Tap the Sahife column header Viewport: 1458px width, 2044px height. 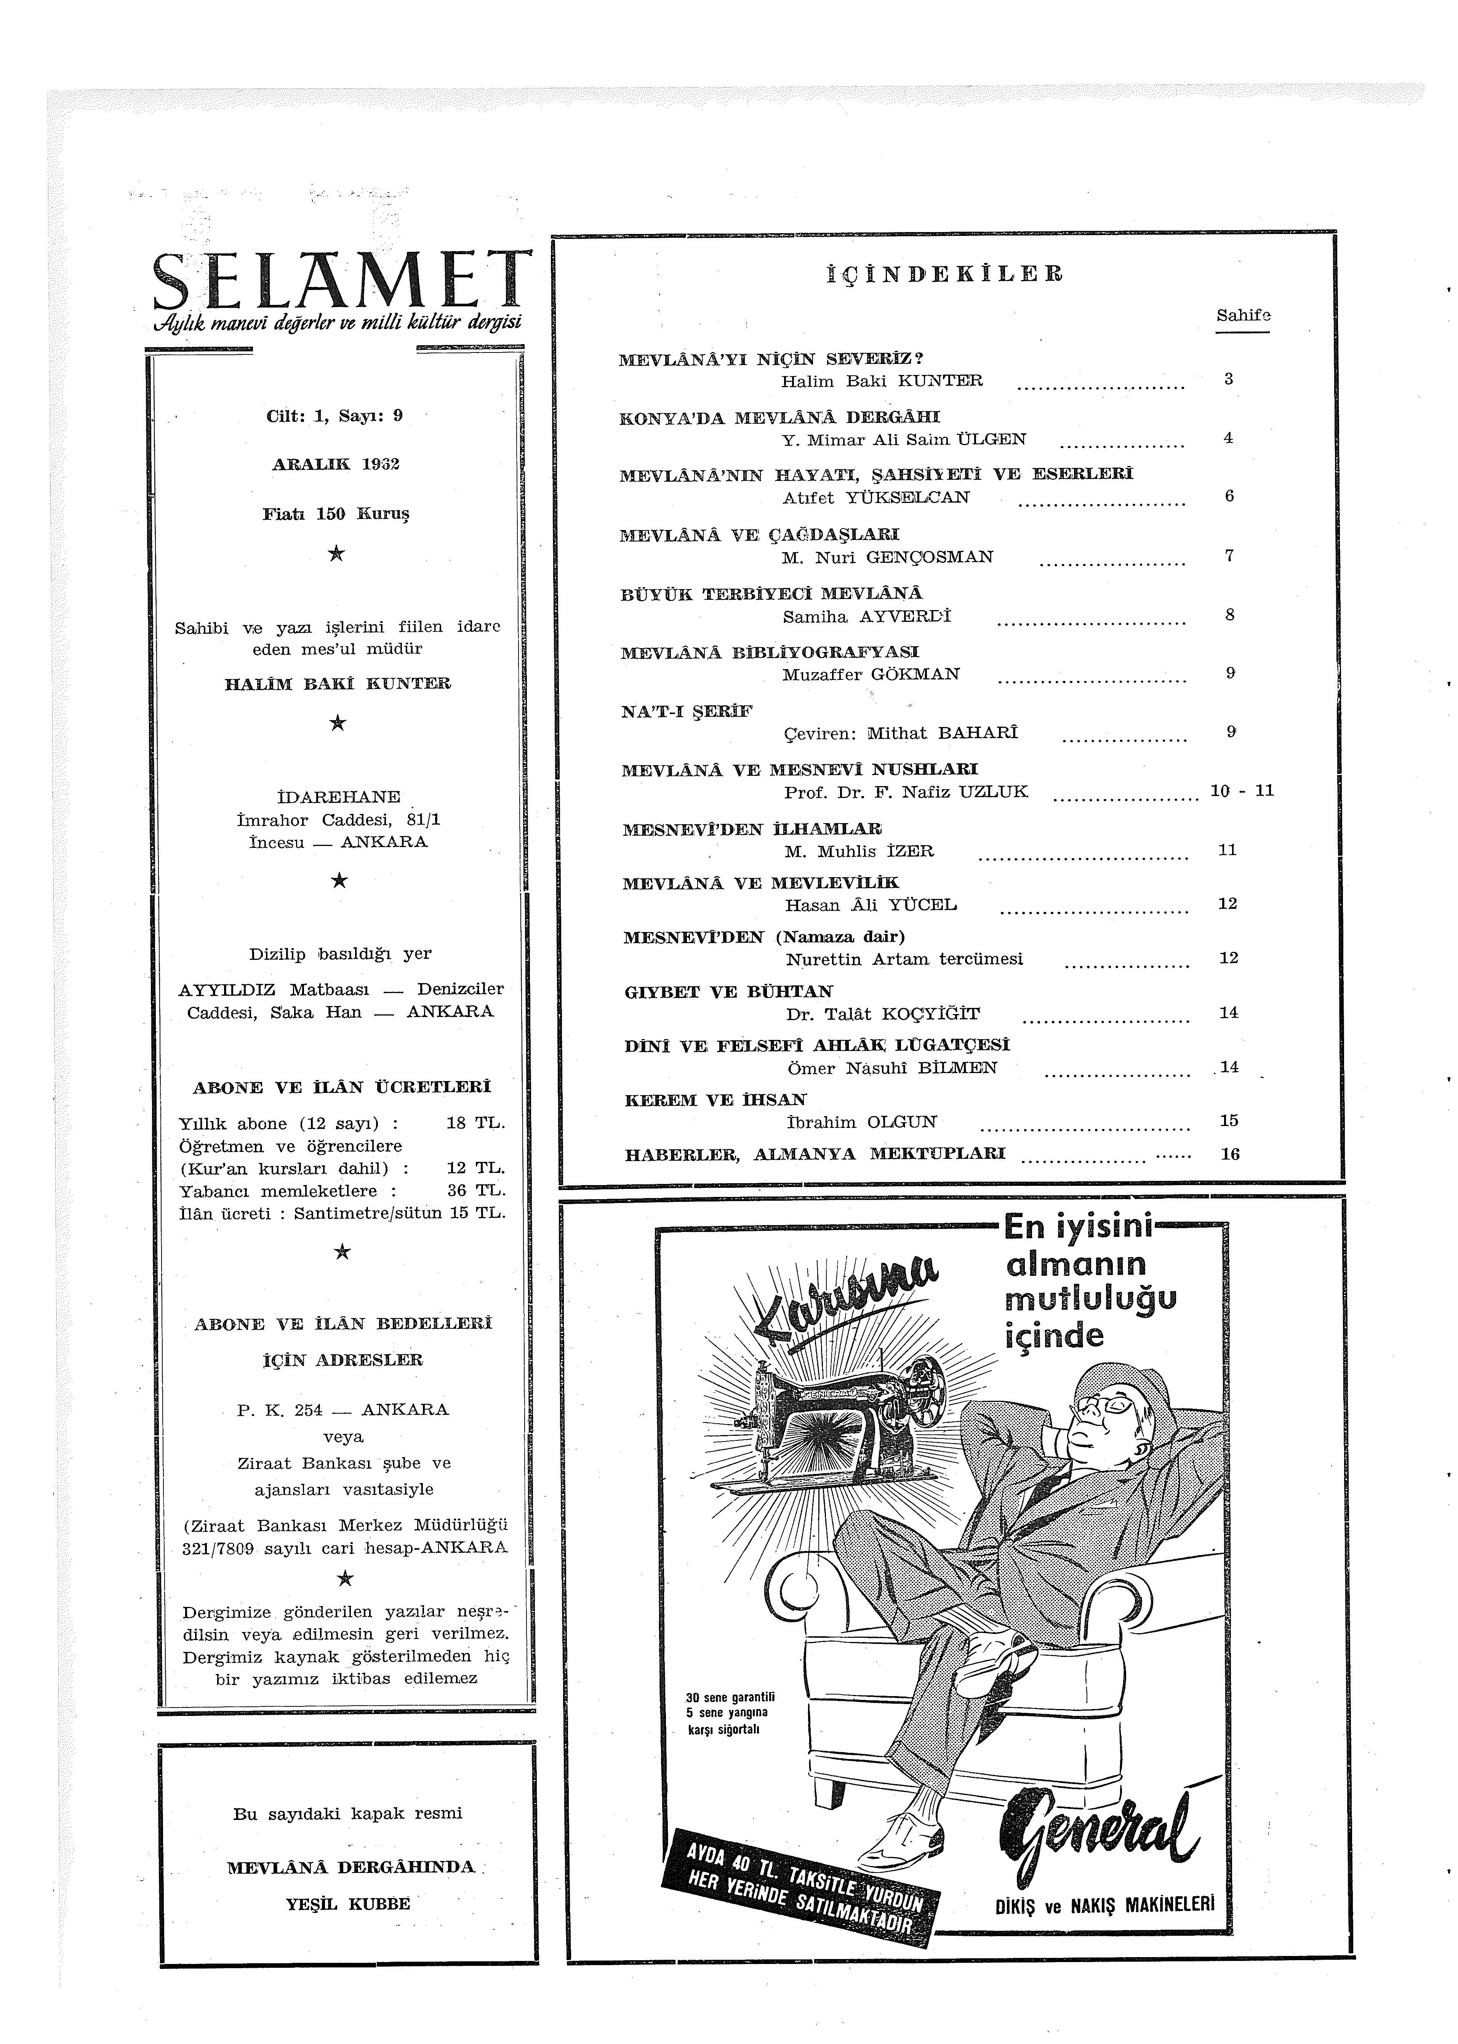pos(1242,316)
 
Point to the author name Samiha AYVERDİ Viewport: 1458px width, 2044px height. pos(866,617)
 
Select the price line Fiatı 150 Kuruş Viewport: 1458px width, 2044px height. pos(336,514)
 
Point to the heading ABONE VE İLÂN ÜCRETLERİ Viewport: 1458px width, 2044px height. pos(342,1088)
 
